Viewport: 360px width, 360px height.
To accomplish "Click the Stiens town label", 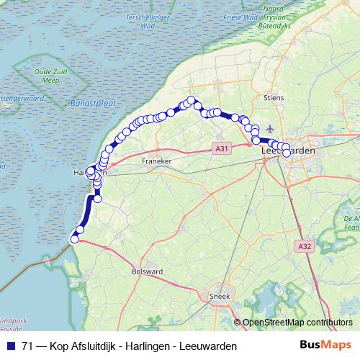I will point(274,96).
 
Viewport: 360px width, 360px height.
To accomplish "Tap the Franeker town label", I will point(156,161).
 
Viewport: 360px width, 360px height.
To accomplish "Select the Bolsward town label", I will point(145,272).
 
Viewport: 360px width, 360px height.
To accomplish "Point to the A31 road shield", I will point(222,149).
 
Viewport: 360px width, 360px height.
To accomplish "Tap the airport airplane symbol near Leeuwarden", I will point(271,128).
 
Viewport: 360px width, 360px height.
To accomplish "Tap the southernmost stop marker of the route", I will point(73,239).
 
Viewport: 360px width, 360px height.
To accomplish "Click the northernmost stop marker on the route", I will point(192,101).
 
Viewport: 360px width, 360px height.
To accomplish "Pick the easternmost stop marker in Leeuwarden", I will point(287,153).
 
